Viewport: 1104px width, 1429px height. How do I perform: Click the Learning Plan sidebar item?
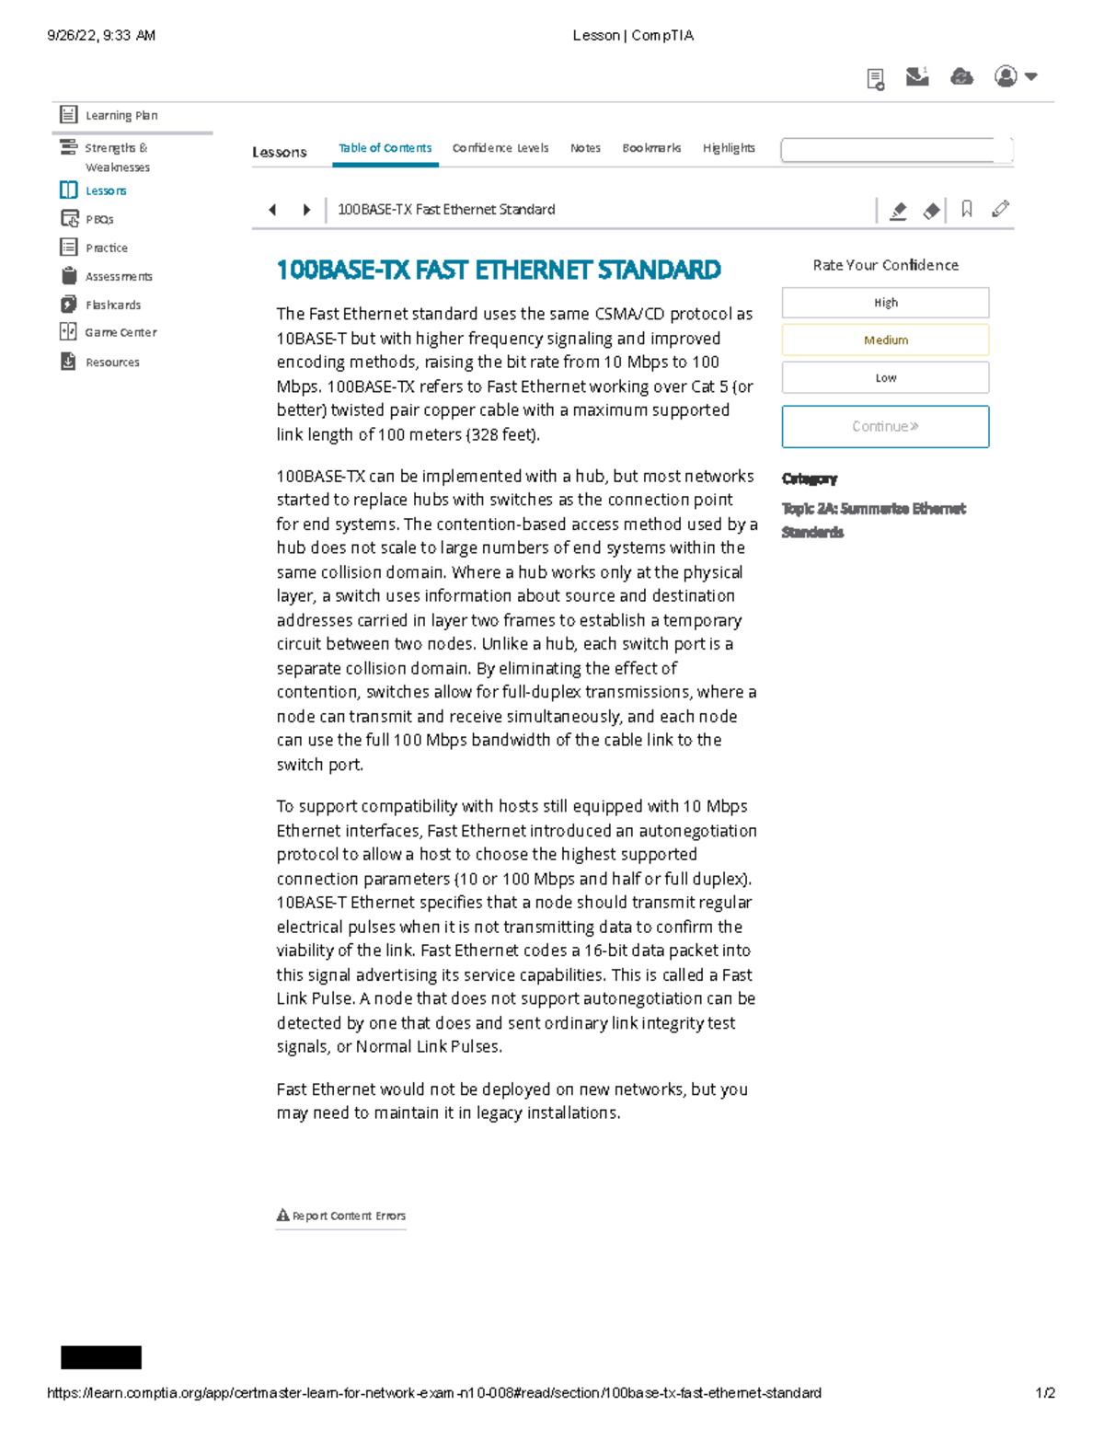coord(120,115)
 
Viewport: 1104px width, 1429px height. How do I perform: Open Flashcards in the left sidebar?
coord(112,305)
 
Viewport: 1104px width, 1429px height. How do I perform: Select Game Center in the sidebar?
coord(120,332)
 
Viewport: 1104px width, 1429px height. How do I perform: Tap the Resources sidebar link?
coord(111,363)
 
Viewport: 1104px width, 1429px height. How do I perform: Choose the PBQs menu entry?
coord(98,219)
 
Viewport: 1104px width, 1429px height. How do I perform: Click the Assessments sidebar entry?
coord(118,276)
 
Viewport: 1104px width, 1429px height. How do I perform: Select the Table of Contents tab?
coord(385,148)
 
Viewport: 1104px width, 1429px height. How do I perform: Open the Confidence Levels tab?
coord(500,148)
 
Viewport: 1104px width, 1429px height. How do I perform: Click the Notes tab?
coord(585,148)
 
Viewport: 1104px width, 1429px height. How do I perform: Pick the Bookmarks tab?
coord(651,148)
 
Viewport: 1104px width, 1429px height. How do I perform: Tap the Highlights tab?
coord(729,148)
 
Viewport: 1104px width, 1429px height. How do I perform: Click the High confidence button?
coord(885,303)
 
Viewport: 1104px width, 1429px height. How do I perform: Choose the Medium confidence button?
coord(885,340)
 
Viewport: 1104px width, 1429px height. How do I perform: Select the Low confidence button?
coord(885,377)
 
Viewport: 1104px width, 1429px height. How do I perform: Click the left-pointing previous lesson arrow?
coord(272,210)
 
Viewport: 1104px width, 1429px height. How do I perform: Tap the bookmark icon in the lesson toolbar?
coord(966,210)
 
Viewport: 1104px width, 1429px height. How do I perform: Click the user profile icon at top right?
coord(1006,76)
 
